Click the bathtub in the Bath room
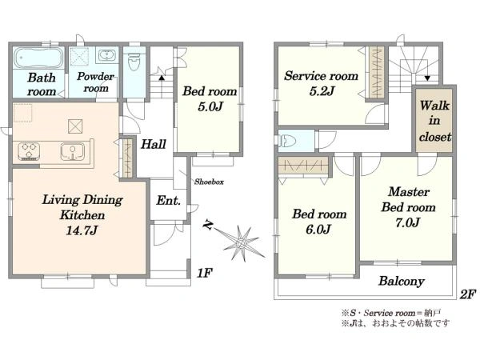(38, 58)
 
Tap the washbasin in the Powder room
(107, 56)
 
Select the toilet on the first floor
(134, 62)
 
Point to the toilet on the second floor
(287, 141)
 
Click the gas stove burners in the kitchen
(29, 151)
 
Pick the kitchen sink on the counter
(73, 151)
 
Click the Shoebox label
(209, 182)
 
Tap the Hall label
(154, 144)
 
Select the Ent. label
(168, 201)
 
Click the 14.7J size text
(82, 230)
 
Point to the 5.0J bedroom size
(210, 106)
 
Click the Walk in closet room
(434, 120)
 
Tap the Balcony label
(402, 281)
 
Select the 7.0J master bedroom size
(407, 222)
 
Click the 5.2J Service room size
(321, 91)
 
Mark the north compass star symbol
(240, 242)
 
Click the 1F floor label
(204, 273)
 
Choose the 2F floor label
(468, 294)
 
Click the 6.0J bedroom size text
(318, 229)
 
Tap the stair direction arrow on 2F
(427, 78)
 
